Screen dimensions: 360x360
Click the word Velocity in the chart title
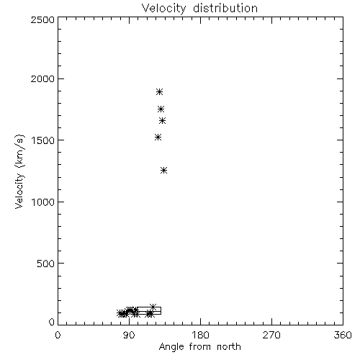(x=163, y=9)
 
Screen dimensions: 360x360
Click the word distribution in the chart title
(x=225, y=8)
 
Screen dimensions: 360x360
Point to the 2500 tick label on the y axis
(x=42, y=19)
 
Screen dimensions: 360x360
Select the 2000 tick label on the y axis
(x=42, y=78)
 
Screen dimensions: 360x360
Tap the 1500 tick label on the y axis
(x=43, y=140)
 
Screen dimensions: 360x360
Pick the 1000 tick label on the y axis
(x=43, y=202)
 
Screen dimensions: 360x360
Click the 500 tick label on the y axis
(x=46, y=264)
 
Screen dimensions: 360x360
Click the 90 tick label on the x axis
(x=129, y=335)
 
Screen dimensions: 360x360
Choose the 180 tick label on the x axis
(x=200, y=335)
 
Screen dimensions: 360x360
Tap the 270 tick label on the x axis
(x=271, y=335)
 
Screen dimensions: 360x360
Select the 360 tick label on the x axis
(x=343, y=335)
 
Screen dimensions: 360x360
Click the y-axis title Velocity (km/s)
(x=19, y=171)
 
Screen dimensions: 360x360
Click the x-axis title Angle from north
(x=200, y=347)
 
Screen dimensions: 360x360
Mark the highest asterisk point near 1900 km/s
(x=159, y=92)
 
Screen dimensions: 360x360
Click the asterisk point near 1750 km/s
(x=161, y=109)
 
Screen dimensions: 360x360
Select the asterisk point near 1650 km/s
(x=163, y=121)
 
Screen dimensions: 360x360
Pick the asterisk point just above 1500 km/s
(x=158, y=138)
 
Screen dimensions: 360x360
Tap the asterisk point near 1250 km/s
(x=163, y=171)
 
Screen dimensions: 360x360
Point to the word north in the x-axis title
(x=229, y=347)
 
